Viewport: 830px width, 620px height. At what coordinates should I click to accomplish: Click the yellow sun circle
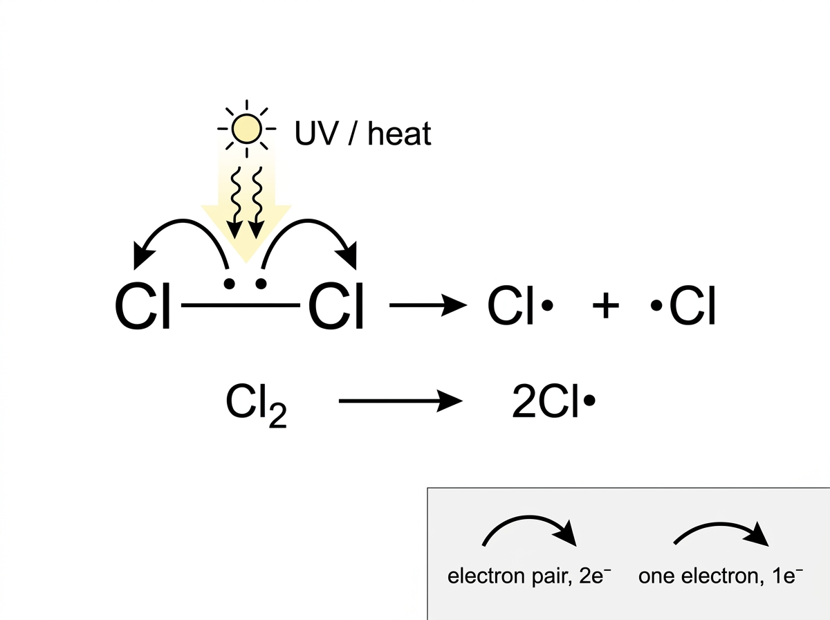pyautogui.click(x=246, y=129)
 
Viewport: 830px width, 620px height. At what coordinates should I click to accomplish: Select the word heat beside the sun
pyautogui.click(x=399, y=133)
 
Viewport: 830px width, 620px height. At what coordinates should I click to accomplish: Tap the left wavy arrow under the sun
pyautogui.click(x=236, y=202)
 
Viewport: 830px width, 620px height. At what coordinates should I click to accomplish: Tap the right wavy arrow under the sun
pyautogui.click(x=257, y=202)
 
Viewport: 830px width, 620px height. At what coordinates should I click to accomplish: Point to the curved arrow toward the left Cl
pyautogui.click(x=183, y=220)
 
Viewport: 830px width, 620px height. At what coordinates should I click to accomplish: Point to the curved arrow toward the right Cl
pyautogui.click(x=308, y=220)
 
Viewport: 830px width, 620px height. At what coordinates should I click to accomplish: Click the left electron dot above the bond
pyautogui.click(x=229, y=284)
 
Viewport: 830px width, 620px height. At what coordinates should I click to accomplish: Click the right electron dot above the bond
pyautogui.click(x=261, y=284)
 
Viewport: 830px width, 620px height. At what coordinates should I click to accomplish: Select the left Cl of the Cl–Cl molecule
pyautogui.click(x=142, y=306)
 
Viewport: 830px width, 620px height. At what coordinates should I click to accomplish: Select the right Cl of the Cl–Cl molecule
pyautogui.click(x=336, y=306)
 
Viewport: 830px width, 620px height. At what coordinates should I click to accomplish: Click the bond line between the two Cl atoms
pyautogui.click(x=241, y=305)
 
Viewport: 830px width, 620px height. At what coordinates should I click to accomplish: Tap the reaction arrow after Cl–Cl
pyautogui.click(x=428, y=305)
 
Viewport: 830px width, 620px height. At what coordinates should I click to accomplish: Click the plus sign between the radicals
pyautogui.click(x=605, y=305)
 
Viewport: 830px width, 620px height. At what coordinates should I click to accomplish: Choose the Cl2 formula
pyautogui.click(x=256, y=405)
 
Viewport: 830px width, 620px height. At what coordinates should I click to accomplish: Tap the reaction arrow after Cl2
pyautogui.click(x=400, y=401)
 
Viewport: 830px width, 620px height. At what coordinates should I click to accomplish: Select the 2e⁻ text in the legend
pyautogui.click(x=595, y=576)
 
